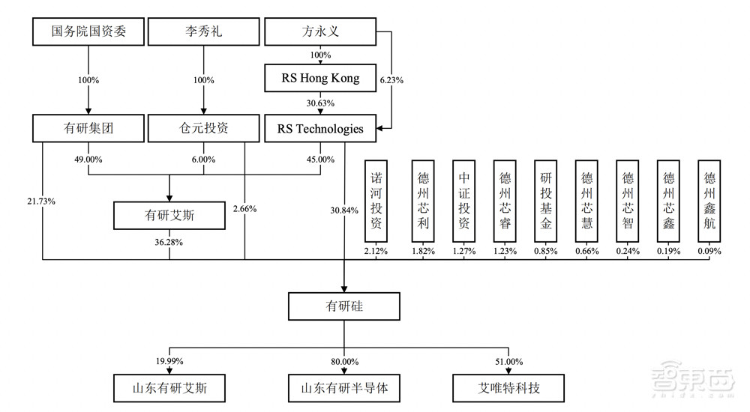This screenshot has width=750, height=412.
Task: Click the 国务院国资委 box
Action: click(88, 32)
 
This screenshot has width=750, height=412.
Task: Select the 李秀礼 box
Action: click(203, 32)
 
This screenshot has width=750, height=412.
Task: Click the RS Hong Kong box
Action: click(320, 78)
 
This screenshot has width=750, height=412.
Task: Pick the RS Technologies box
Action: click(320, 129)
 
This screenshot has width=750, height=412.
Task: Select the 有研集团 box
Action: click(88, 129)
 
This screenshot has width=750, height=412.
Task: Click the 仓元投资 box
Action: click(203, 129)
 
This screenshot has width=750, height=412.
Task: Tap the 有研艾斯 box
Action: click(169, 215)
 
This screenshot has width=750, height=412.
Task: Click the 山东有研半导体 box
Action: click(343, 388)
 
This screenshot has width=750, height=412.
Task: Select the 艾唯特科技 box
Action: click(508, 388)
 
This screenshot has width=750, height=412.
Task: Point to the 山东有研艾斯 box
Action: click(169, 388)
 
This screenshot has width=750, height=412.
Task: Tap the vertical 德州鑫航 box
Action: click(709, 200)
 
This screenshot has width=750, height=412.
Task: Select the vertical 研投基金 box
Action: click(544, 200)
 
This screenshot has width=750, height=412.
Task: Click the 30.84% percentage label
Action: click(344, 210)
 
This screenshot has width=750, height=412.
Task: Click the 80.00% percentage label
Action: click(343, 361)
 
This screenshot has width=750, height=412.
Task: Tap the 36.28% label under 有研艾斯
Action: click(169, 241)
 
